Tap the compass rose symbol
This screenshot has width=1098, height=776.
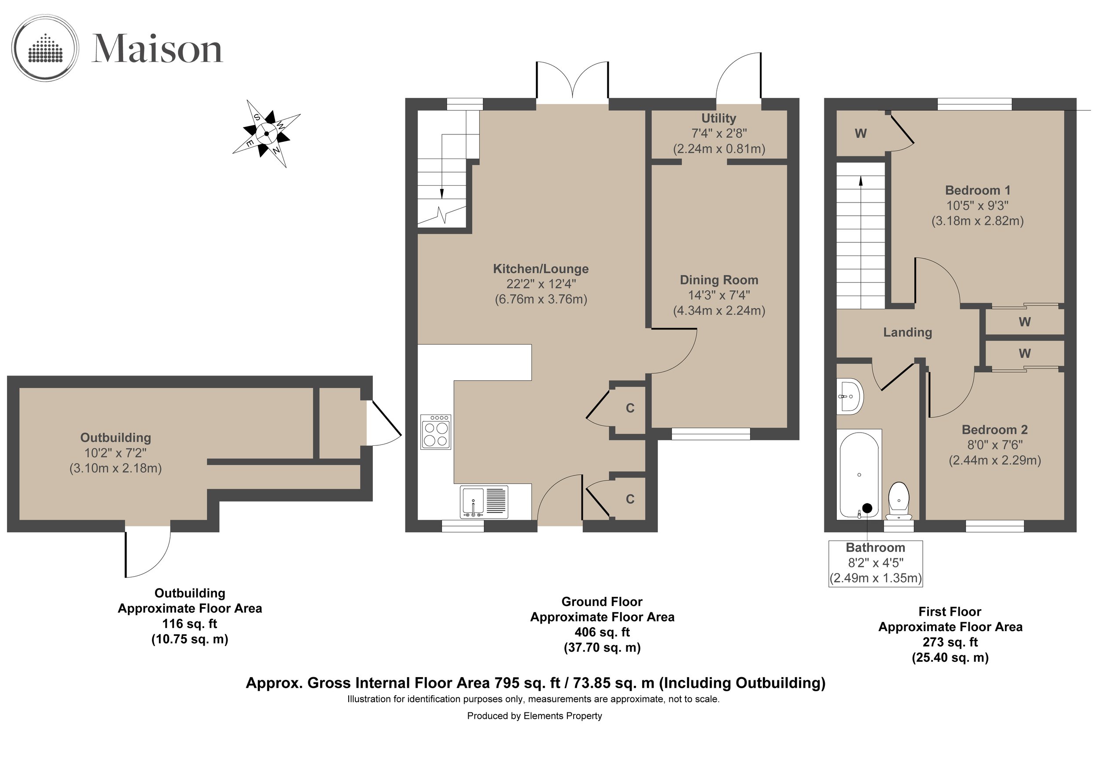coord(266,134)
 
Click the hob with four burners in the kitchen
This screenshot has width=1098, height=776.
coord(436,432)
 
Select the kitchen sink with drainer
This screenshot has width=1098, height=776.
coord(484,502)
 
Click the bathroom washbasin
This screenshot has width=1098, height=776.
coord(850,397)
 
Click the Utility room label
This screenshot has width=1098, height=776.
coord(718,118)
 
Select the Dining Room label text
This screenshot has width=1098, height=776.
coord(719,280)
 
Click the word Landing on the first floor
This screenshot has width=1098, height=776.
coord(907,332)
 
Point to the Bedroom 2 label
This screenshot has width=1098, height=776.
coord(995,430)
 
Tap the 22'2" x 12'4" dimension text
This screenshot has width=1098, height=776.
coord(541,284)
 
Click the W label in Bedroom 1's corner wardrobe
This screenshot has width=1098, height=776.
coord(860,134)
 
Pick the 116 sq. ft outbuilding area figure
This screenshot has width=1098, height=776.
coord(189,624)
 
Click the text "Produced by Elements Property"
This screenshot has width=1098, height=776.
coord(534,716)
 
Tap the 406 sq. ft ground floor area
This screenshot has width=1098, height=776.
coord(602,632)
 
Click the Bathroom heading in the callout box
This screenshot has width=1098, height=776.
coord(875,548)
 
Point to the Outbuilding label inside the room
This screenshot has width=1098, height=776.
coord(116,437)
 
